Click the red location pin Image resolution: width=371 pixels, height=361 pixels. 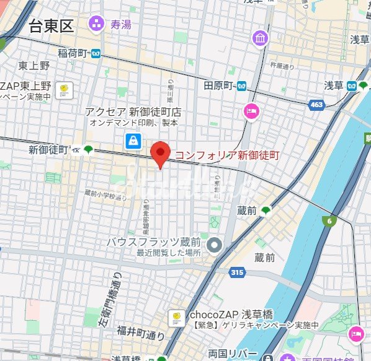[161, 154]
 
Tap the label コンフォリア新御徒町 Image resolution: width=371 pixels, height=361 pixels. [227, 154]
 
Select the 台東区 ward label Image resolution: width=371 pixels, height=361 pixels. [50, 26]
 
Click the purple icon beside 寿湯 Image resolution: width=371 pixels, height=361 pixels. [96, 25]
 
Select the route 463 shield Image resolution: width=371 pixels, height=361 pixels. [316, 105]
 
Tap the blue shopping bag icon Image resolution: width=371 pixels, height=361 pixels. [132, 142]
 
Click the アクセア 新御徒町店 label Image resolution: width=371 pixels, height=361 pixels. [133, 111]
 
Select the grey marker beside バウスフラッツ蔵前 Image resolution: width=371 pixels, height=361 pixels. [215, 245]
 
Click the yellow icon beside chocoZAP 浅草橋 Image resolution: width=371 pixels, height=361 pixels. [176, 318]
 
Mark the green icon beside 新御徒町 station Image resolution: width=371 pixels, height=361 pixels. [89, 149]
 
